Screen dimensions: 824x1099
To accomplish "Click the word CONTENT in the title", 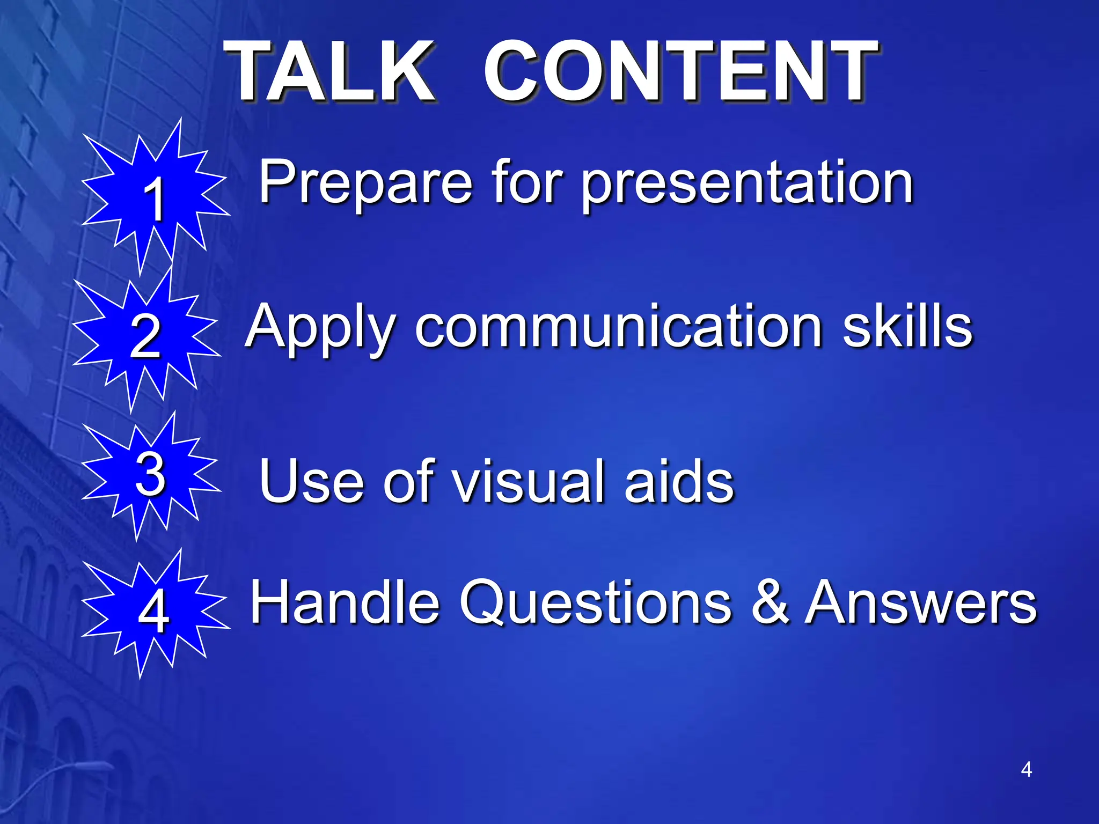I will click(680, 72).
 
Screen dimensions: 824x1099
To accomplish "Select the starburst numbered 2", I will click(145, 337).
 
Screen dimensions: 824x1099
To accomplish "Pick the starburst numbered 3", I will click(150, 475).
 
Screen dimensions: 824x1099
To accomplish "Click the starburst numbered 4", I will click(154, 612).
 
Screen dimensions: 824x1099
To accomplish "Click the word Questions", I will click(596, 602).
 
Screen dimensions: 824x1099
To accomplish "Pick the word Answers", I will click(921, 602).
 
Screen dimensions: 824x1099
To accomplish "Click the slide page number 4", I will click(1026, 769).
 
